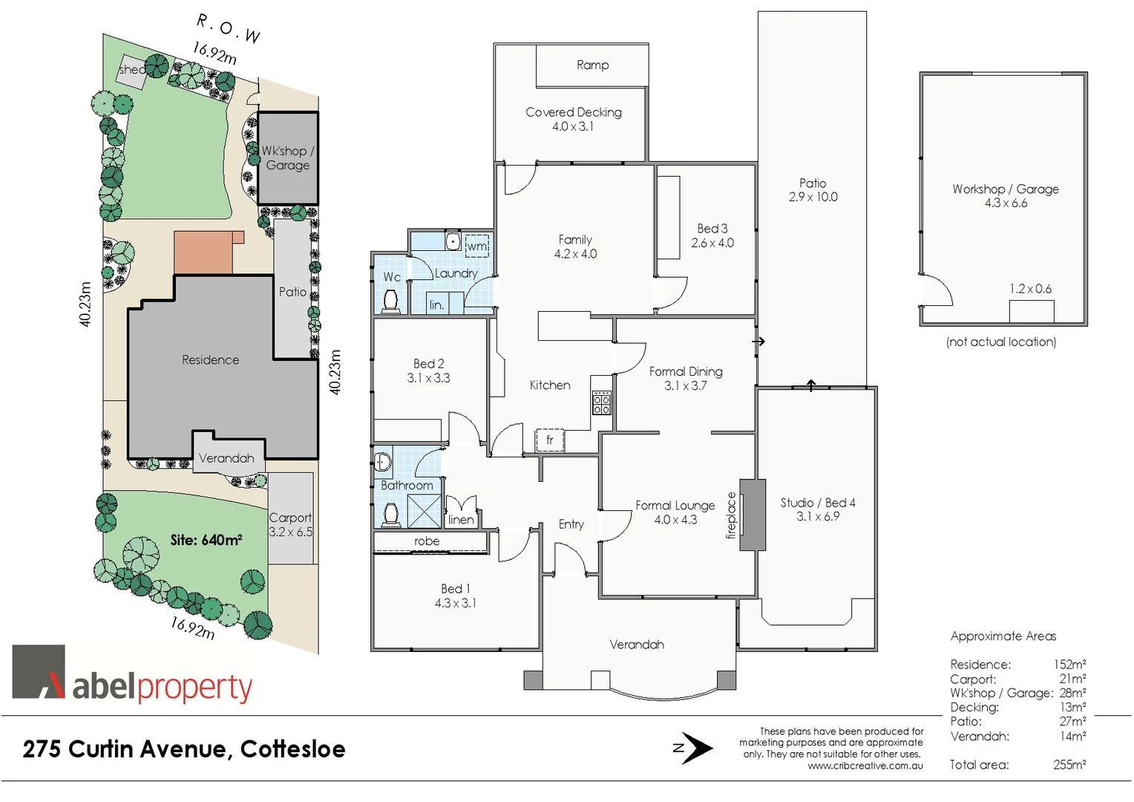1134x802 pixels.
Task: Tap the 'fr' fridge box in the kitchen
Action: (550, 440)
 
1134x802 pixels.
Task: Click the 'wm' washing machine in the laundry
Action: (477, 246)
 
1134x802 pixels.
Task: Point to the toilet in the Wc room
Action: (390, 300)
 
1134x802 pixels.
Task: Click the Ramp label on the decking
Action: (592, 65)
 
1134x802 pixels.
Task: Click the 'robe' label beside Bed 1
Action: (427, 541)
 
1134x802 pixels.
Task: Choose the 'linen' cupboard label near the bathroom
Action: (461, 520)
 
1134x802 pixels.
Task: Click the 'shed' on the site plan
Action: (132, 70)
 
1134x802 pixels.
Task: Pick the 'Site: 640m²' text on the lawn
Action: (206, 540)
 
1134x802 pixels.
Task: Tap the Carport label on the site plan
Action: (290, 518)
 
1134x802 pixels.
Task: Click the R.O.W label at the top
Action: (229, 28)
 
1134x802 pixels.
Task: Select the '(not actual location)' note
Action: (1001, 342)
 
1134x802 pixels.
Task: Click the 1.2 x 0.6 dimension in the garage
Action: (1030, 289)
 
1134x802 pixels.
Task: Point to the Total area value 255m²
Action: (1069, 765)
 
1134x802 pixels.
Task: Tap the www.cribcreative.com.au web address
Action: (865, 766)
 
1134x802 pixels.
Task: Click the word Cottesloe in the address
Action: (292, 749)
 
